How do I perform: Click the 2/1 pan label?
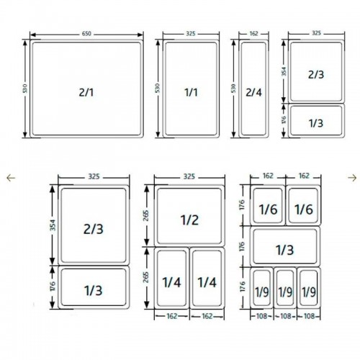86,92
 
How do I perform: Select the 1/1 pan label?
190,92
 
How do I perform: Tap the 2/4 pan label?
254,92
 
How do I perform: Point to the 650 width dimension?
86,33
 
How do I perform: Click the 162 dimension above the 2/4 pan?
254,33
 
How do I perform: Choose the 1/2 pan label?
189,218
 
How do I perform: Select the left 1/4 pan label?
171,282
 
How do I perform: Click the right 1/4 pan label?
207,282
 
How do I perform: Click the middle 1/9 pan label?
286,292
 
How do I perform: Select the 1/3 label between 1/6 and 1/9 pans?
285,249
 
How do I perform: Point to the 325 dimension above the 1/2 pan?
189,176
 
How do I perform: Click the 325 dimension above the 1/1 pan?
190,33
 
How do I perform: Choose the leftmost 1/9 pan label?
263,292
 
